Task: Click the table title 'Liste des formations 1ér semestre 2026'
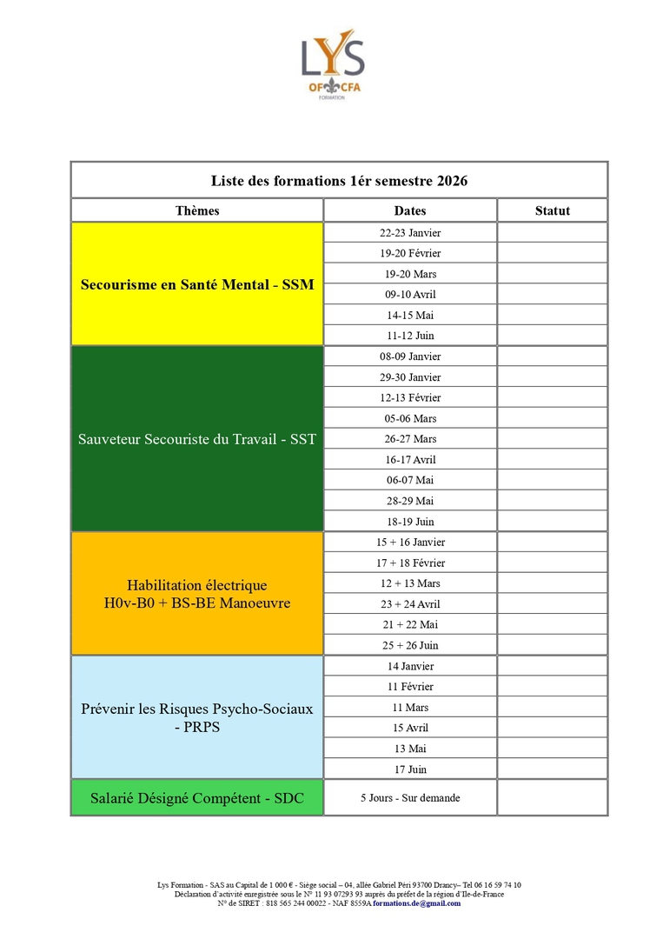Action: (x=339, y=181)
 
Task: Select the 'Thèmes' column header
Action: (x=197, y=211)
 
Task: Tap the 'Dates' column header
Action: (x=410, y=211)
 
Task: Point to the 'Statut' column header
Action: (x=553, y=211)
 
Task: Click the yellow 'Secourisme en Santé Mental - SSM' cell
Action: (x=197, y=284)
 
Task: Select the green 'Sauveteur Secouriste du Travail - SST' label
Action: (x=197, y=439)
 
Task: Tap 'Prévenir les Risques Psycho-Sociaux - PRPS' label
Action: (x=197, y=717)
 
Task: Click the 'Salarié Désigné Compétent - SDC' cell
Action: (x=197, y=798)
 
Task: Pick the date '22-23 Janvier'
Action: (x=410, y=233)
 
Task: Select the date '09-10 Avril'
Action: (x=410, y=295)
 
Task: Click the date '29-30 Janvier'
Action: (x=410, y=377)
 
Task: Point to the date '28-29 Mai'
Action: (x=410, y=501)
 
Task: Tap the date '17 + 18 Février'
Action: (x=410, y=563)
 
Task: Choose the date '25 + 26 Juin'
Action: (x=410, y=645)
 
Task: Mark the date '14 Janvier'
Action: (x=410, y=666)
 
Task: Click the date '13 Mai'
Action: (x=410, y=749)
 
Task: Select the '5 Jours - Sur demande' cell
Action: (x=410, y=798)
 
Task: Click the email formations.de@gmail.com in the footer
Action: (x=417, y=903)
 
